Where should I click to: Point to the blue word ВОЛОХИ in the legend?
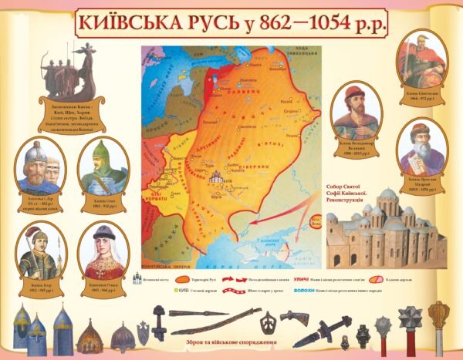(308, 291)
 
